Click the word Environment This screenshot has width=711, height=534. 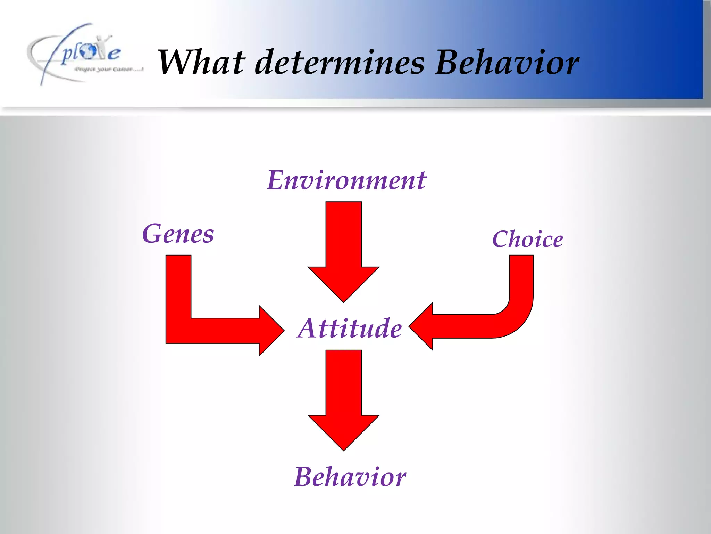click(x=346, y=181)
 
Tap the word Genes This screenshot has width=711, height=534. click(x=178, y=234)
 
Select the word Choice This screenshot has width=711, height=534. click(x=527, y=240)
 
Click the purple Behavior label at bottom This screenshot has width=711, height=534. click(x=350, y=477)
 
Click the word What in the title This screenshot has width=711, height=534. click(x=201, y=63)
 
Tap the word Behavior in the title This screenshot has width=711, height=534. click(x=507, y=63)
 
